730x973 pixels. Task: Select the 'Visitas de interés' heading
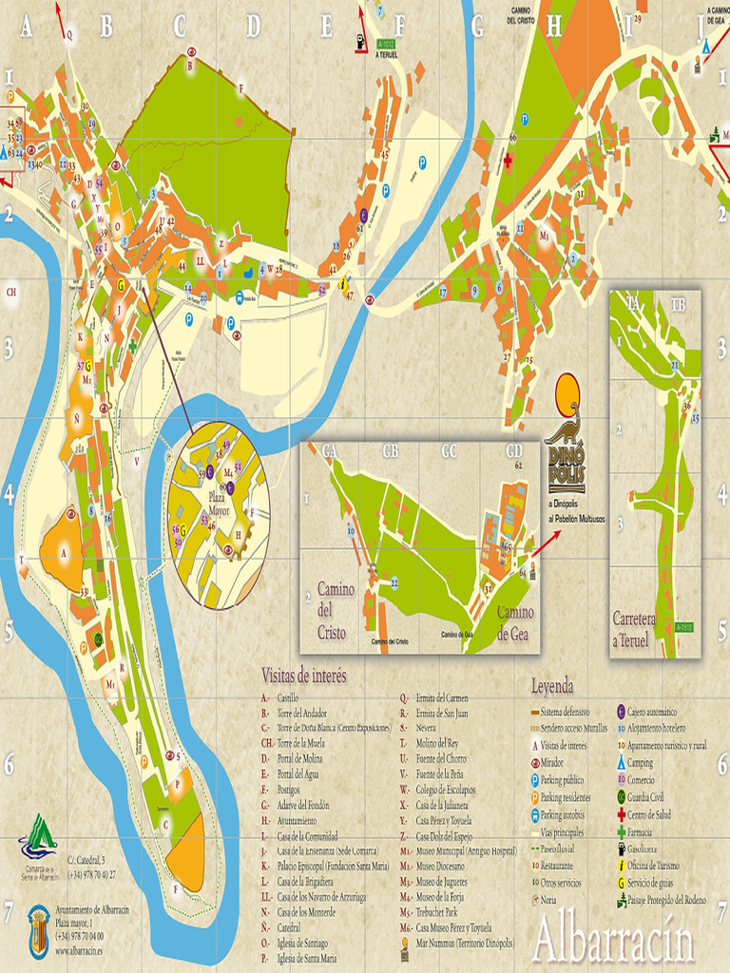[304, 676]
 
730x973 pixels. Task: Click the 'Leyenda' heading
[552, 685]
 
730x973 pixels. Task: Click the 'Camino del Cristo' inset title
[336, 610]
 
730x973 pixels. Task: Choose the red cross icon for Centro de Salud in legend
[622, 815]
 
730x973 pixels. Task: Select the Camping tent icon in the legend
[622, 762]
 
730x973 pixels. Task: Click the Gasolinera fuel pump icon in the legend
[622, 849]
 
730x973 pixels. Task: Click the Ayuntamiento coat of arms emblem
[38, 930]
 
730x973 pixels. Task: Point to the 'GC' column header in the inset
[450, 451]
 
